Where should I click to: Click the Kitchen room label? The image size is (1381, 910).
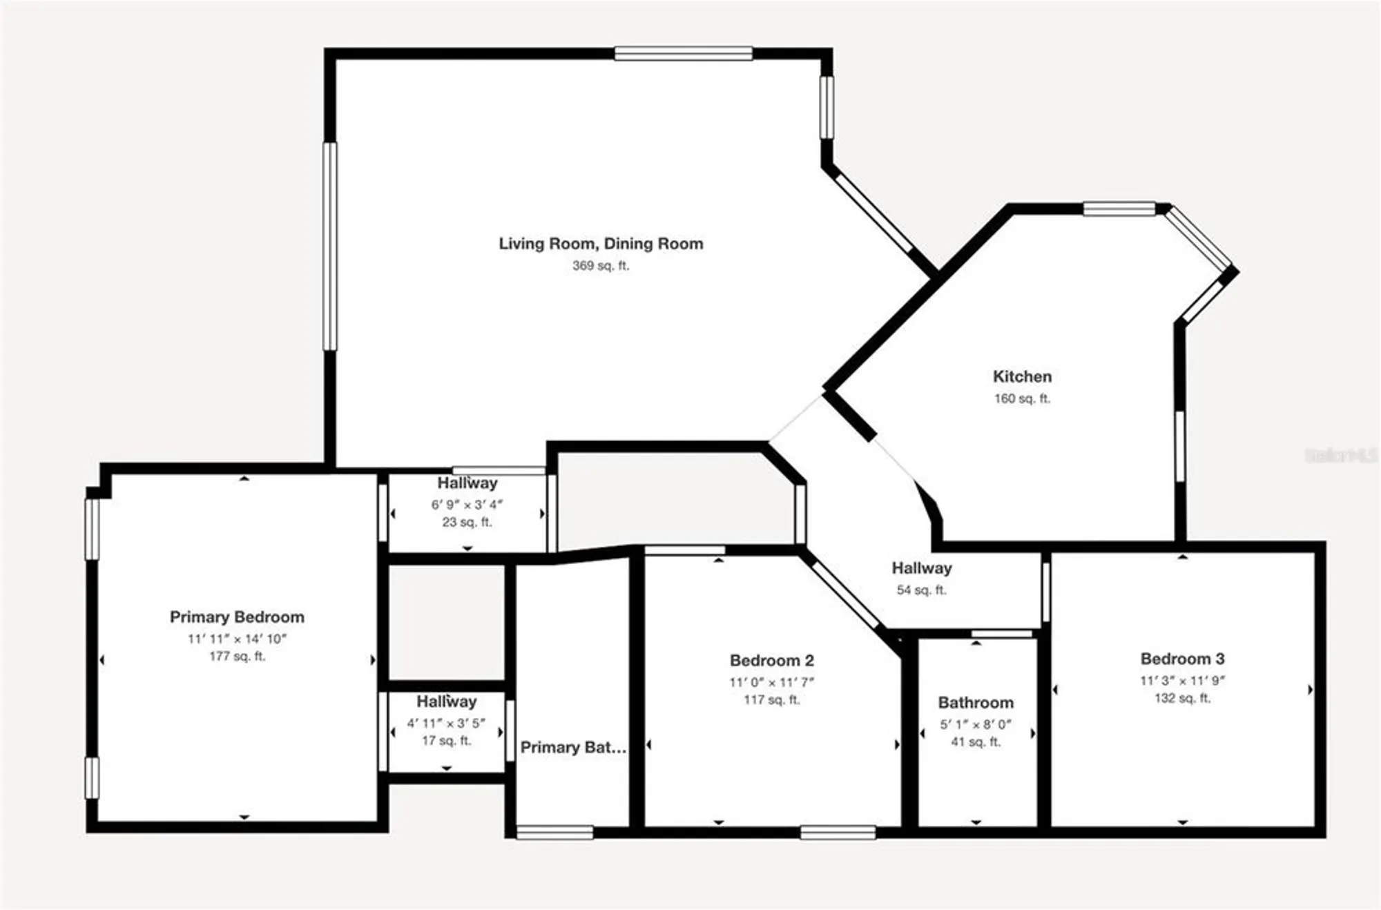(1022, 376)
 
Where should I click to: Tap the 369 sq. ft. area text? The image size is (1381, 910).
(600, 265)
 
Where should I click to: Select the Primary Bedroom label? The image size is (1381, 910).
(237, 617)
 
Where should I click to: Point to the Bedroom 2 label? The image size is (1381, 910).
(772, 660)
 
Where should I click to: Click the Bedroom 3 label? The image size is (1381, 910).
(1182, 659)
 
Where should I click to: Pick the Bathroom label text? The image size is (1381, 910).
(976, 702)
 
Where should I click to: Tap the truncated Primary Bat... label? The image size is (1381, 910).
(573, 747)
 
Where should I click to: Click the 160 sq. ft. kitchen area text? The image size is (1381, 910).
(1022, 398)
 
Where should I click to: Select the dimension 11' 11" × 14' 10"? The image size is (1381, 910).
(237, 639)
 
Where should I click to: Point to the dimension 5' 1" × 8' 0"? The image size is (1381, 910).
(976, 724)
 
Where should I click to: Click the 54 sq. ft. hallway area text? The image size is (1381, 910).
(921, 590)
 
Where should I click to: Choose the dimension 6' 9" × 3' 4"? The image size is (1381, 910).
(467, 504)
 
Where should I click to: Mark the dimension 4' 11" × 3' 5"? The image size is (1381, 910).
(446, 723)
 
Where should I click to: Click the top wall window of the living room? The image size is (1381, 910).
(683, 53)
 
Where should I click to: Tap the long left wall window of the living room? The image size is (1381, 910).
(330, 246)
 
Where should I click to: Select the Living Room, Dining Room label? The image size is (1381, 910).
(601, 243)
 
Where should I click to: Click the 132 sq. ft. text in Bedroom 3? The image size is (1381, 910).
(1182, 698)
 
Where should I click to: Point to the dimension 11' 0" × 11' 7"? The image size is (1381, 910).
(772, 682)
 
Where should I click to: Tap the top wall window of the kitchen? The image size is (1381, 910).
(1119, 209)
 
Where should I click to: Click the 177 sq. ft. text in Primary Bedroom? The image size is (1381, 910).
(237, 656)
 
